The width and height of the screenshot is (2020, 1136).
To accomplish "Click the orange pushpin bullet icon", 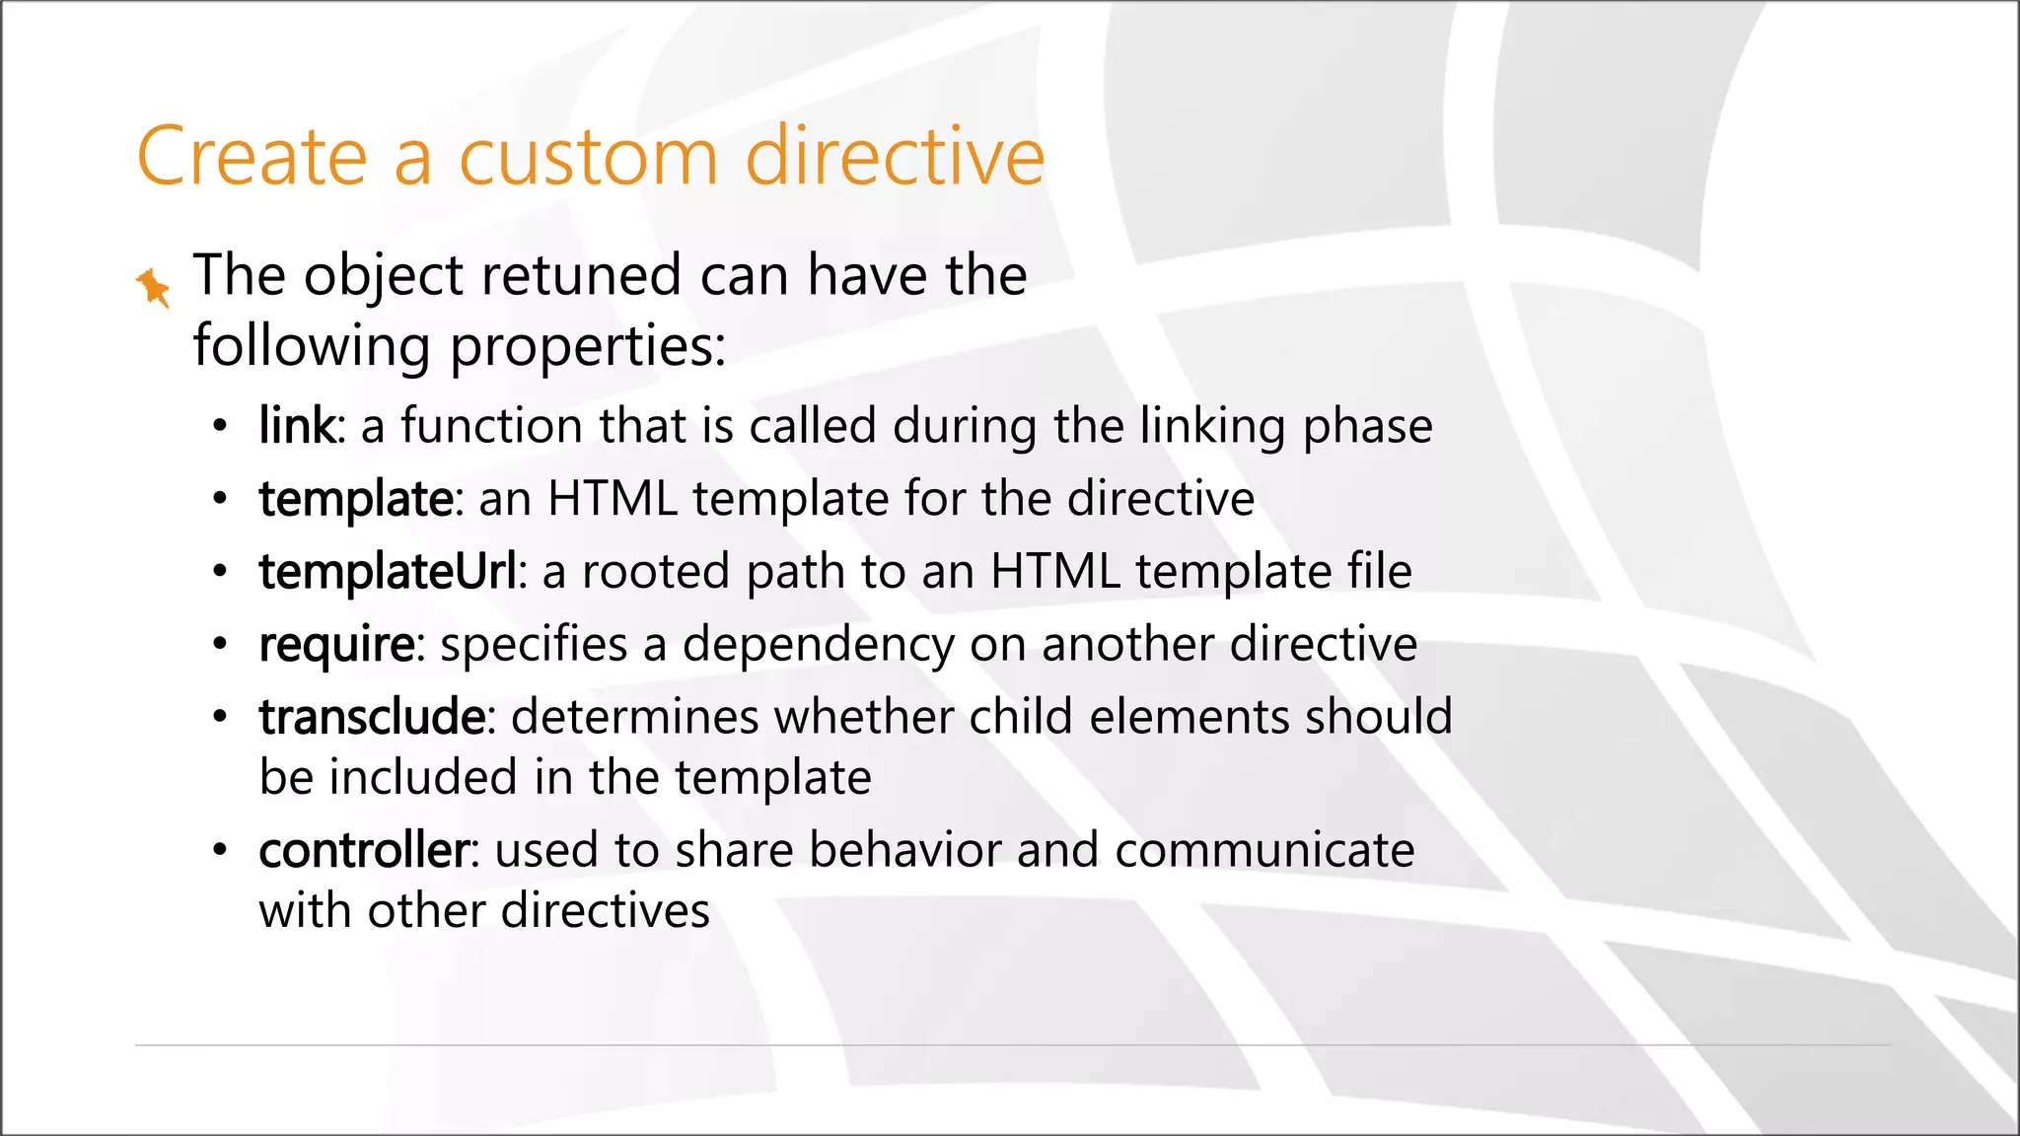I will [153, 287].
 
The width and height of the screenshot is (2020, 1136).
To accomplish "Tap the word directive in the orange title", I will [895, 157].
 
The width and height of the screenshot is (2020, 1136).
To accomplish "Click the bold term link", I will [297, 427].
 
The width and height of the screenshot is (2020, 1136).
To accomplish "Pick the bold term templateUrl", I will [387, 572].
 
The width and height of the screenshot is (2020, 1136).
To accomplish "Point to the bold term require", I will [337, 645].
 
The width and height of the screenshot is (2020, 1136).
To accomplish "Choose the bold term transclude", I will [372, 717].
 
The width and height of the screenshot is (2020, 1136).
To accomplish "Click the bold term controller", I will [364, 850].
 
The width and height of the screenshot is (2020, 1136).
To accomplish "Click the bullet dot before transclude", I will [220, 717].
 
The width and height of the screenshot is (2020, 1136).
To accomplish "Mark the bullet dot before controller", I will [220, 850].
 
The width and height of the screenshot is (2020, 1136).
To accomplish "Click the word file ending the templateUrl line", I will [1379, 572].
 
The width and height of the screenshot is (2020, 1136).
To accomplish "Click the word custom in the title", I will [589, 157].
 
